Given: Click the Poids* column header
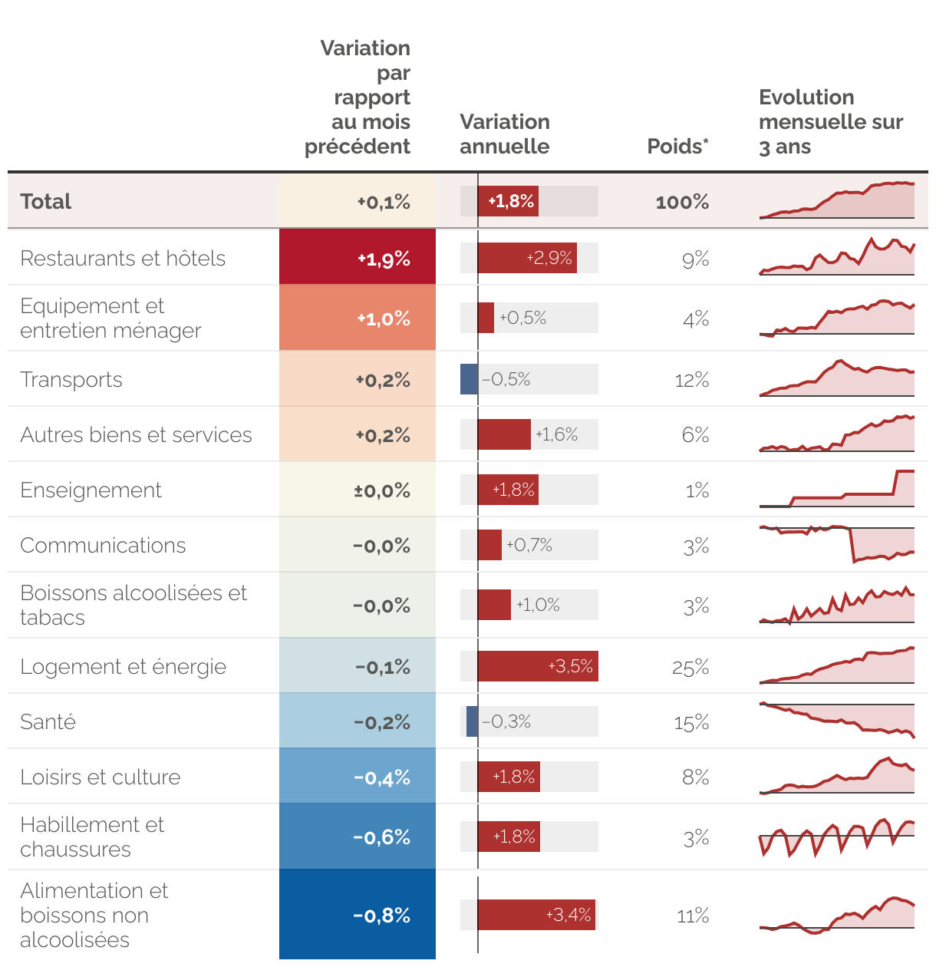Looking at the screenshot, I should tap(677, 147).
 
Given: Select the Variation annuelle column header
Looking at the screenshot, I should tap(505, 134).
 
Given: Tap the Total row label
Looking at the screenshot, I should tap(46, 202).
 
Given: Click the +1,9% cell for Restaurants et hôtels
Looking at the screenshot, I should tap(358, 259).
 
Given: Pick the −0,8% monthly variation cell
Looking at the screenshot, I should tap(358, 915).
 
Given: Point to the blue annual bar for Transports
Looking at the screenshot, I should tap(469, 379).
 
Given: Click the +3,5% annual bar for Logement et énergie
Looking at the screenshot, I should tap(537, 666).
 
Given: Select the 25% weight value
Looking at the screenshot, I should tap(690, 668).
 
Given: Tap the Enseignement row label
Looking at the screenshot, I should tap(91, 490).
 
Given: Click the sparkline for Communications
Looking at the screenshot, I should tap(837, 545).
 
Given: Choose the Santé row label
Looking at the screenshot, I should tap(48, 722).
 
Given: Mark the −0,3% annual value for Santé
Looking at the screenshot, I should tap(506, 721).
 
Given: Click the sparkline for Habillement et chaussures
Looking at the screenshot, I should tap(837, 837).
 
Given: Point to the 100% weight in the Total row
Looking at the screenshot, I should tap(682, 202).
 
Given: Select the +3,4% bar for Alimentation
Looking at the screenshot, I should tap(536, 915).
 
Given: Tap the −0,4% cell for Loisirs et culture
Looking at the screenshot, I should tap(358, 777).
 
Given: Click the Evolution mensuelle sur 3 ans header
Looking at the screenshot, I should tap(830, 122).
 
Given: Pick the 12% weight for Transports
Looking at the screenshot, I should tap(691, 381).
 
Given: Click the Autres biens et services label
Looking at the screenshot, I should tap(136, 435).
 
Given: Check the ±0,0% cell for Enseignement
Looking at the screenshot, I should tap(358, 490).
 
